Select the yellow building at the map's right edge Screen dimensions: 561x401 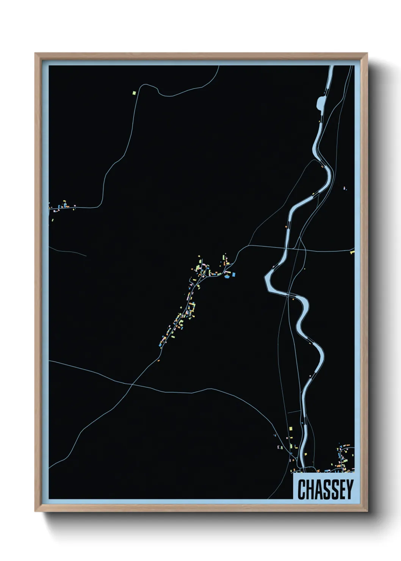point(352,252)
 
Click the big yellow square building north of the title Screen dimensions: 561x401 point(291,428)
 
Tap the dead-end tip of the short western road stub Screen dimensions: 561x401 point(86,255)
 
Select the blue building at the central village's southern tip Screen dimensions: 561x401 point(161,345)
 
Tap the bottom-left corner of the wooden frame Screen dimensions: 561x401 point(36,511)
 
